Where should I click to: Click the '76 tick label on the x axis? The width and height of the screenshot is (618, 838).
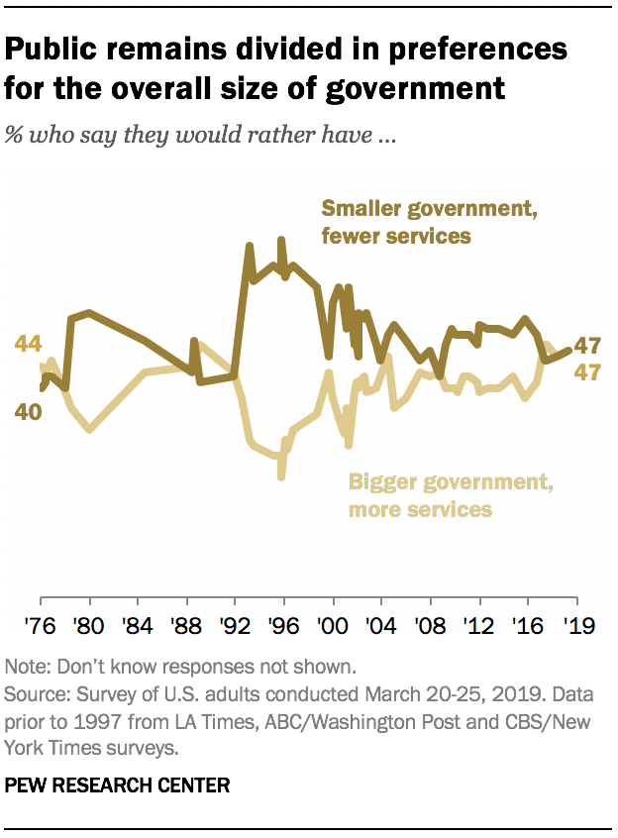[41, 626]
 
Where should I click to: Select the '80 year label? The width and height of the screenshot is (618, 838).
[89, 626]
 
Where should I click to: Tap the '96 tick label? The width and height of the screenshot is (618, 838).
[283, 626]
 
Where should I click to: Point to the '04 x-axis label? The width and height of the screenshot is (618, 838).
[380, 626]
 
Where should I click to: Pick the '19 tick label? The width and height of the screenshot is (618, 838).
[574, 626]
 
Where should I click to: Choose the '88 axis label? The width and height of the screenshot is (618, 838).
[186, 626]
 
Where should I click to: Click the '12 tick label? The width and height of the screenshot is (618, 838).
[477, 626]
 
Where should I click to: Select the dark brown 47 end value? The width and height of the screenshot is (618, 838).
[590, 347]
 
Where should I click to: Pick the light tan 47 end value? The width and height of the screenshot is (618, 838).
[590, 372]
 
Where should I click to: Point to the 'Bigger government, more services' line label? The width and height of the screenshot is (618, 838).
[448, 496]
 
